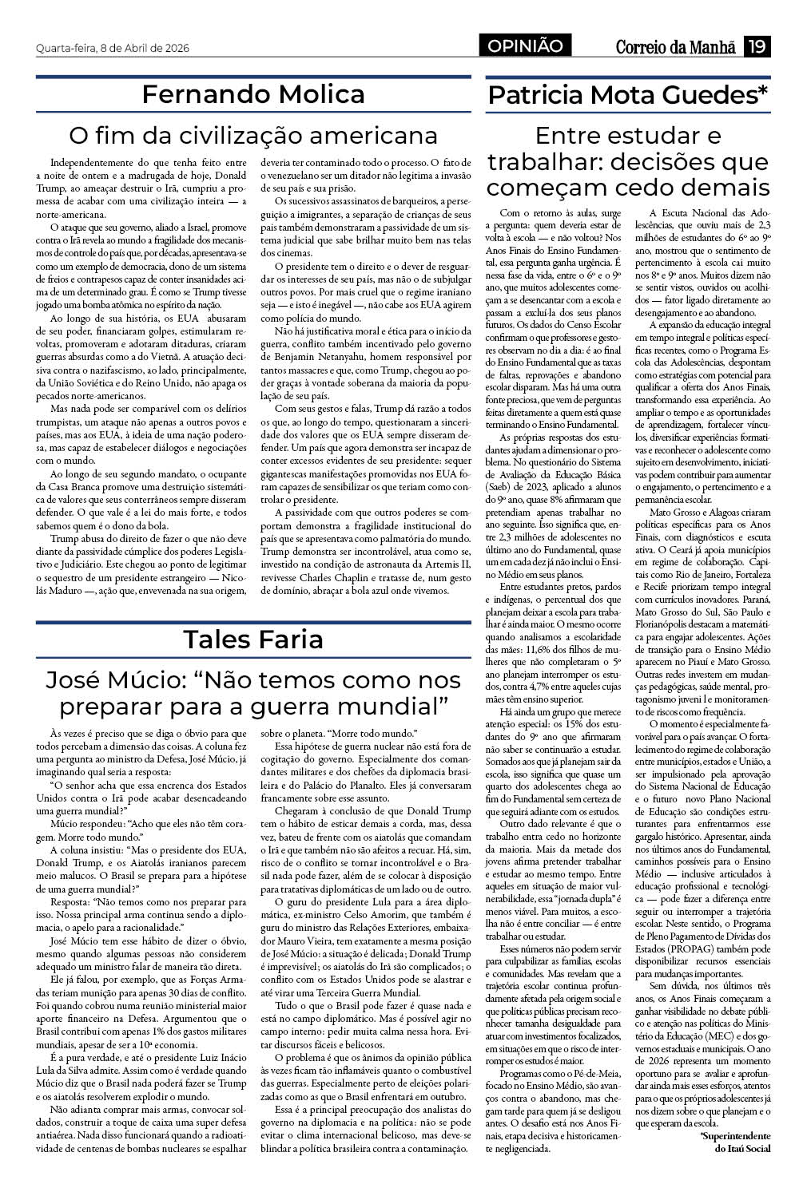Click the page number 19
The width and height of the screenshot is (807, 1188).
756,46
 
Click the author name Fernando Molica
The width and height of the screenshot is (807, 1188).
253,94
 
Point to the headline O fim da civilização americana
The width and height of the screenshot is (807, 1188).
253,133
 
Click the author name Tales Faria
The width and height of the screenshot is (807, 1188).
253,639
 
